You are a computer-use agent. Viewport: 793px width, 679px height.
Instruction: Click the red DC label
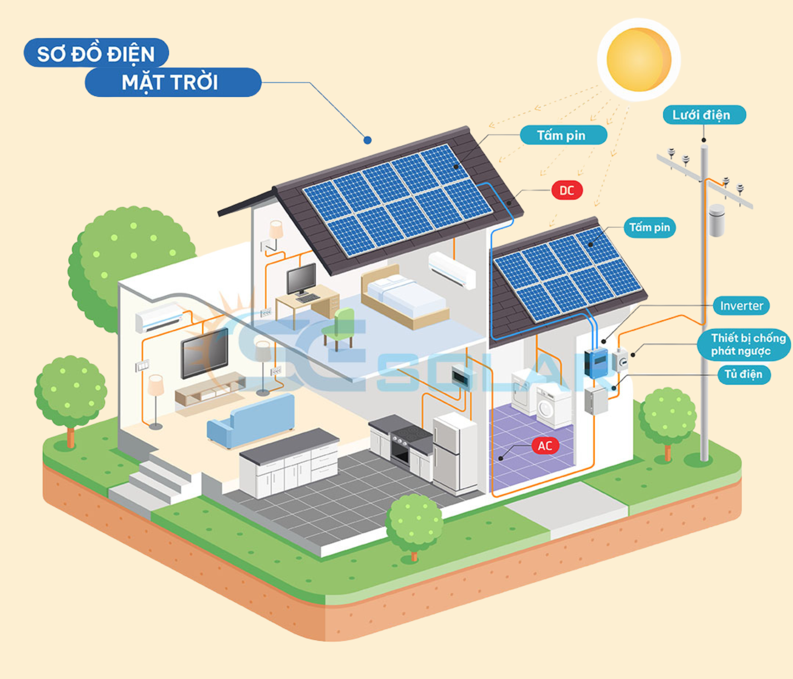[x=567, y=191]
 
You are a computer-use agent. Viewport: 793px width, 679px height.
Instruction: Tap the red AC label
[x=545, y=446]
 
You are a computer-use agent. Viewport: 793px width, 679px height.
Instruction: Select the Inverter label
[x=741, y=306]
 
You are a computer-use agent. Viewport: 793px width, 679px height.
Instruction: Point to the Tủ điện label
[x=744, y=375]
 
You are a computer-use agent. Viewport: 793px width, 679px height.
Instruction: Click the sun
[x=638, y=59]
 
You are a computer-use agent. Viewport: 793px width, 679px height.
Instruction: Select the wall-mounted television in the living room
[x=205, y=353]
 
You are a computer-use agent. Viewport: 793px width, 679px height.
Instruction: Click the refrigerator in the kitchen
[x=454, y=452]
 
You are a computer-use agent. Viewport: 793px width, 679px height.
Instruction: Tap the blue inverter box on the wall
[x=596, y=362]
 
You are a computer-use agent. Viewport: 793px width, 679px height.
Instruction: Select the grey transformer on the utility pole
[x=716, y=220]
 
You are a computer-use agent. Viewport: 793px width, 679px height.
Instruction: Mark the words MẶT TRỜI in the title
[x=170, y=82]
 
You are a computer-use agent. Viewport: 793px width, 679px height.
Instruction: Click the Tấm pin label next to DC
[x=563, y=136]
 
